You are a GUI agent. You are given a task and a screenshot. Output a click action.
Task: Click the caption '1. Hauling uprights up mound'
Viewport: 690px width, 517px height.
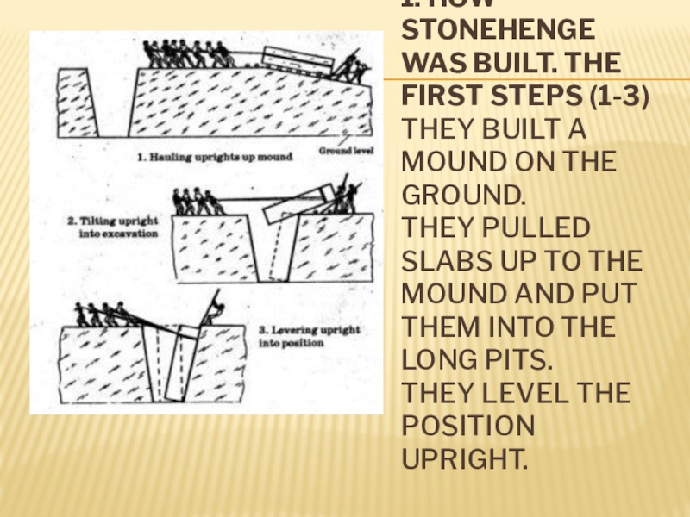pyautogui.click(x=216, y=157)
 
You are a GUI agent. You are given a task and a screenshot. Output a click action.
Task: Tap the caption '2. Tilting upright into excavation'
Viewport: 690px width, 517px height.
pyautogui.click(x=113, y=227)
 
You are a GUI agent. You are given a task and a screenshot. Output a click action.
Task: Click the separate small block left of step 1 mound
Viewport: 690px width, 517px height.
pyautogui.click(x=76, y=101)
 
